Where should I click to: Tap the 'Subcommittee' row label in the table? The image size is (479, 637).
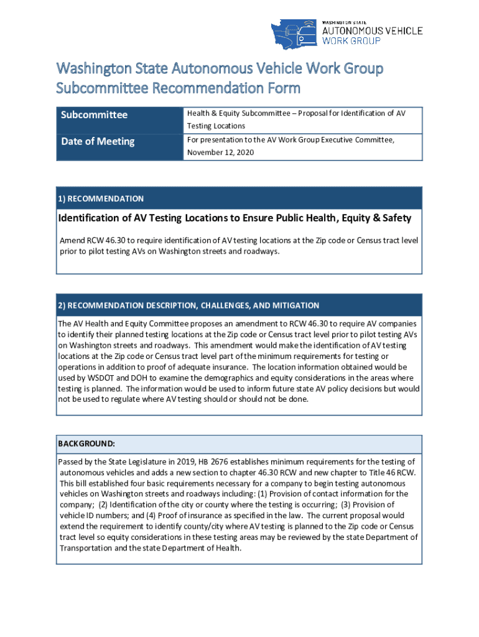(x=94, y=115)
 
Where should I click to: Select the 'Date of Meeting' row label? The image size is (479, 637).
(x=98, y=141)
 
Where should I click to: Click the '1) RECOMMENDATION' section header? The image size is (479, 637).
(x=101, y=199)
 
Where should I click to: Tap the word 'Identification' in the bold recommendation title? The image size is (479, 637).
(x=89, y=218)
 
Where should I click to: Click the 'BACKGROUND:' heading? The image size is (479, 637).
(x=86, y=444)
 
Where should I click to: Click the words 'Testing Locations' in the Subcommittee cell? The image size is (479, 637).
(x=216, y=126)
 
